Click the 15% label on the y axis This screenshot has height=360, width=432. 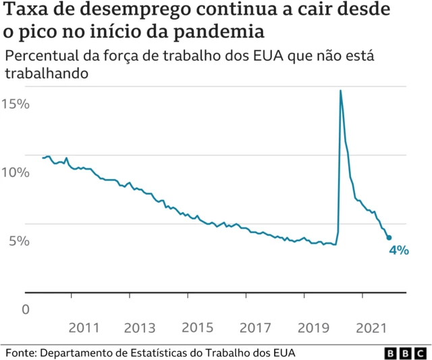click(15, 104)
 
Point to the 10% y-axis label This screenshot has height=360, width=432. click(15, 172)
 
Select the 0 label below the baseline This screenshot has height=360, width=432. click(26, 309)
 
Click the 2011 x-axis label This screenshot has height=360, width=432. click(84, 328)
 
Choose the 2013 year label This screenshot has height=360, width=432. click(140, 328)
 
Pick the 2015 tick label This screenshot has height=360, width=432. click(198, 328)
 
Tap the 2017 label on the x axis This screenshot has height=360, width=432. click(255, 328)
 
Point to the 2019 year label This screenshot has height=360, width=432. click(313, 328)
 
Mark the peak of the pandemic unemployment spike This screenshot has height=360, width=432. click(340, 91)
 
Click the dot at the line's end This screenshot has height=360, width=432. click(389, 237)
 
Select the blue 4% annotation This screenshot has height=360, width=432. click(398, 250)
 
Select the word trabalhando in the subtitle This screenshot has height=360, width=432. click(47, 73)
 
